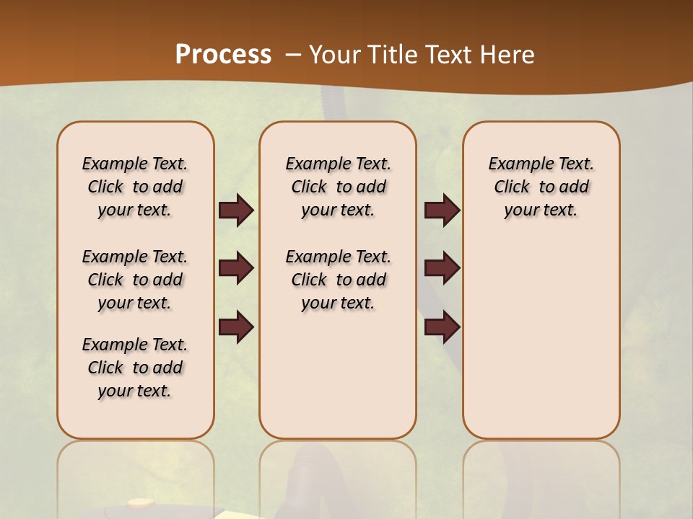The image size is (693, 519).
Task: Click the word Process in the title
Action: (x=223, y=55)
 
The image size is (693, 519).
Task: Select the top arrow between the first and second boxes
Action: (x=236, y=210)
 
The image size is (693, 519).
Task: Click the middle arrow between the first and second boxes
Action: (x=236, y=269)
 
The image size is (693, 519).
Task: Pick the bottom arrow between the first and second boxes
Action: (x=236, y=327)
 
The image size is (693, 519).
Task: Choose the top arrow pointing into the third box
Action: (x=442, y=210)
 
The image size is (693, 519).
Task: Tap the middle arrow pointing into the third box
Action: (x=442, y=268)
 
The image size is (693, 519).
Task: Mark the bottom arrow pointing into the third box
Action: (x=442, y=327)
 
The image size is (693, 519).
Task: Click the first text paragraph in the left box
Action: (x=135, y=187)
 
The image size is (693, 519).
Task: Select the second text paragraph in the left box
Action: (x=135, y=280)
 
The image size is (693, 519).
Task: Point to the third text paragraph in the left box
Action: (x=135, y=368)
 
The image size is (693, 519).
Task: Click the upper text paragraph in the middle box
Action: (x=338, y=187)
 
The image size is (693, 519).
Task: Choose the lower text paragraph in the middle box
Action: (x=338, y=280)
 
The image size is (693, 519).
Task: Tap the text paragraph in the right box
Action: (x=541, y=187)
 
